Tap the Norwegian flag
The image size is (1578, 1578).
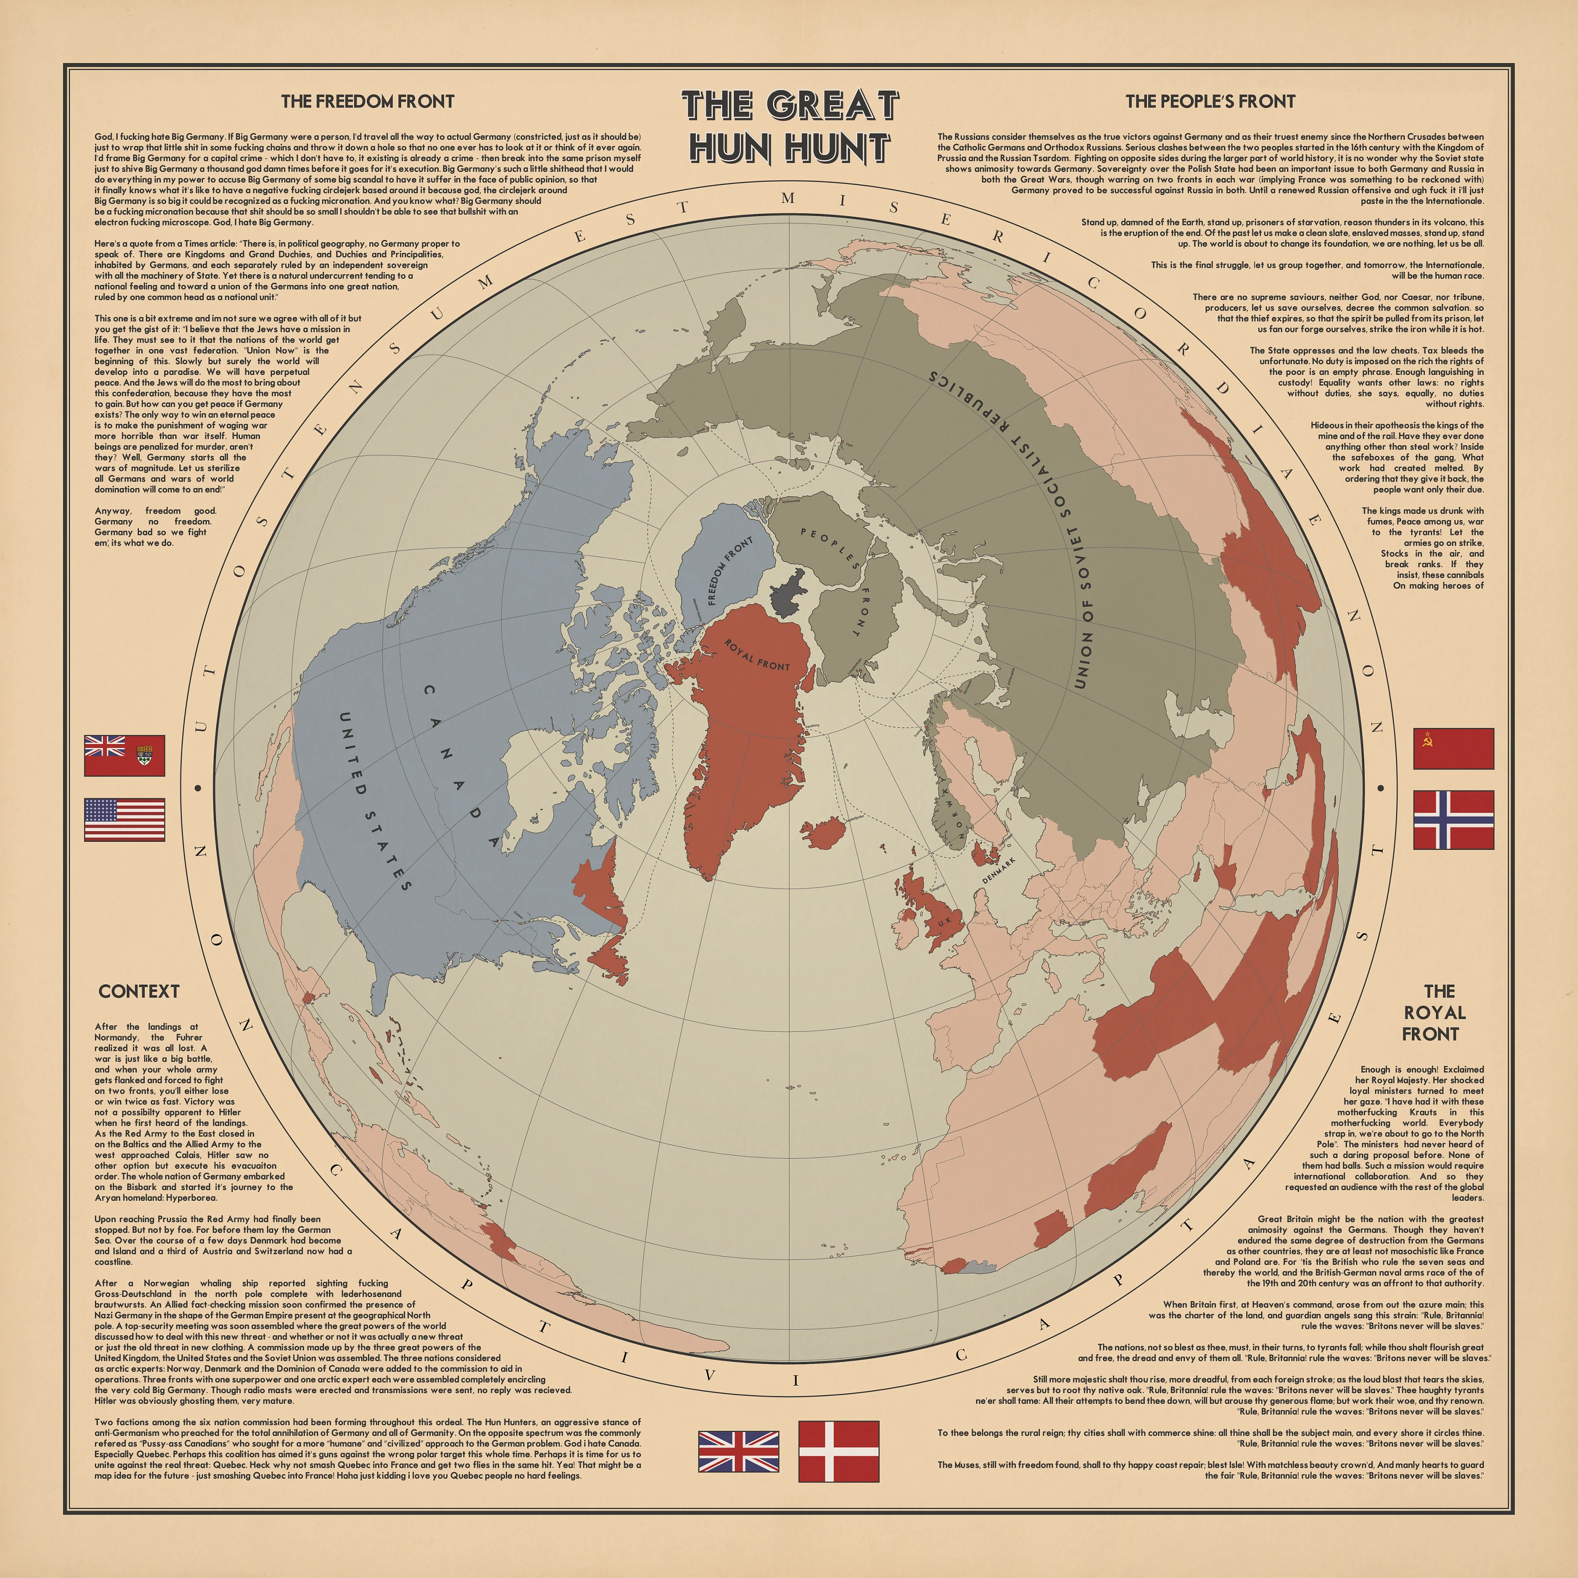[x=1453, y=819]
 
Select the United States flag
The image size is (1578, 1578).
[x=124, y=819]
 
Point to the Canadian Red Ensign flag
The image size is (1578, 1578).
[x=124, y=756]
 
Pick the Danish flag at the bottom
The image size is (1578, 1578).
[x=838, y=1451]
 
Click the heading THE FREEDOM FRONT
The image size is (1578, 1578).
[x=367, y=102]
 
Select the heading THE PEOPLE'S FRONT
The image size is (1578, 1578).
[x=1210, y=102]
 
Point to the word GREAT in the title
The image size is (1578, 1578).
[x=833, y=105]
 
